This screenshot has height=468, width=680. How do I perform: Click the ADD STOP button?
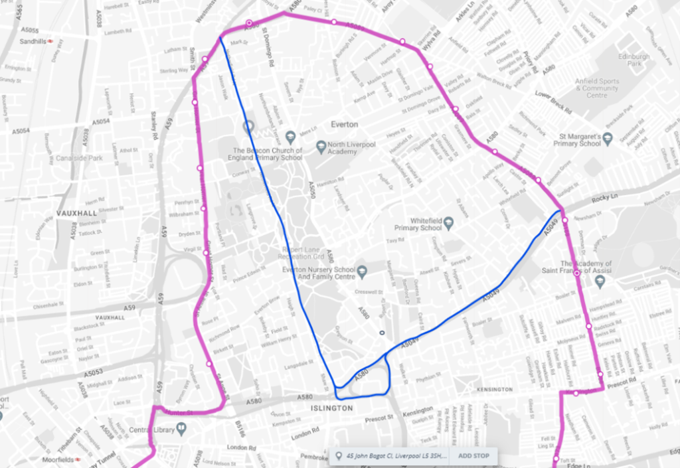coord(473,456)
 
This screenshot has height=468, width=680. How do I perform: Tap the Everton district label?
coord(344,125)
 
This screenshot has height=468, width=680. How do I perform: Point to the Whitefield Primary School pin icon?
coord(448,222)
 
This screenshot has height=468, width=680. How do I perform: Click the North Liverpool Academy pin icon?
coord(321,145)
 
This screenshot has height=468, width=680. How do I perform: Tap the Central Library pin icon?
coord(180,430)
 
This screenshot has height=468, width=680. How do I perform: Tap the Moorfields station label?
coord(54,459)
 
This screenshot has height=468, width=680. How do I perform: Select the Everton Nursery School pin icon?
coord(362,270)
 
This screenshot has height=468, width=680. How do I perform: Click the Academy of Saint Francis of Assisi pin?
coord(600,281)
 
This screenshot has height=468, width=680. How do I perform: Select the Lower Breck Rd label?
coord(554,98)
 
